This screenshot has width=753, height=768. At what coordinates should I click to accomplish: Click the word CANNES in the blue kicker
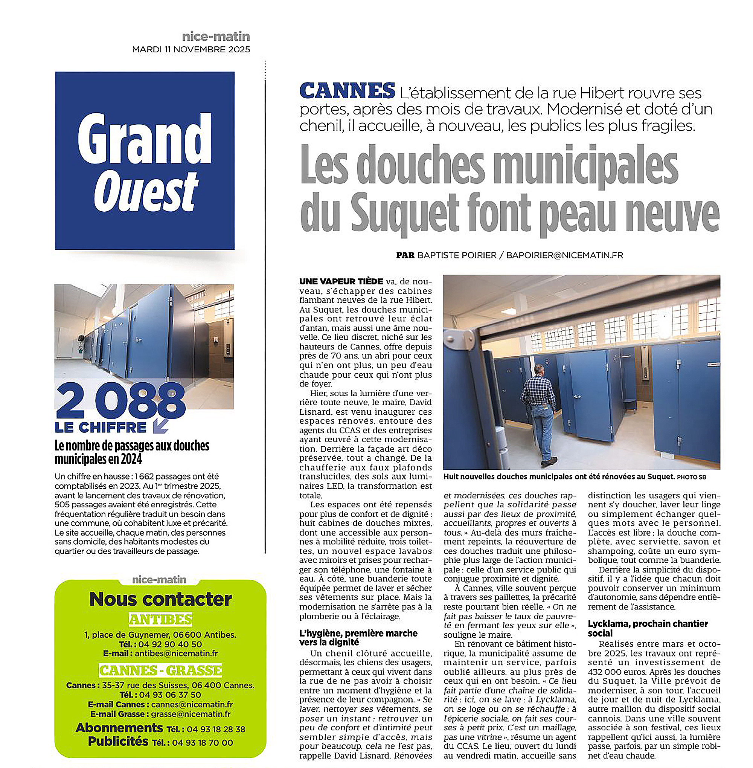pyautogui.click(x=347, y=91)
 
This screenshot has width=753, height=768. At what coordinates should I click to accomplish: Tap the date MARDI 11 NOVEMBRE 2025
pyautogui.click(x=191, y=49)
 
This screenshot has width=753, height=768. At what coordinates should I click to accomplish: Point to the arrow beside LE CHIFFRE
pyautogui.click(x=160, y=426)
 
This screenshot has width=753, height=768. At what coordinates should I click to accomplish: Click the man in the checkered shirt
pyautogui.click(x=538, y=412)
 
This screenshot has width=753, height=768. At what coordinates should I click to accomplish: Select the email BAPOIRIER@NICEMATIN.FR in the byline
pyautogui.click(x=564, y=255)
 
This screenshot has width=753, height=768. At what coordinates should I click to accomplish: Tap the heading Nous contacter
pyautogui.click(x=160, y=599)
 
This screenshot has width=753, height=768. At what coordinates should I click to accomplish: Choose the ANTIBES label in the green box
pyautogui.click(x=160, y=619)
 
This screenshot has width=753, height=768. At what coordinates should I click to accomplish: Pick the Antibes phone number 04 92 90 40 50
pyautogui.click(x=170, y=644)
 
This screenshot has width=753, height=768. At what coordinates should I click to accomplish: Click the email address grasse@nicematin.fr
pyautogui.click(x=191, y=714)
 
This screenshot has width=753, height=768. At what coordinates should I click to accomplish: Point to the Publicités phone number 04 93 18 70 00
pyautogui.click(x=202, y=743)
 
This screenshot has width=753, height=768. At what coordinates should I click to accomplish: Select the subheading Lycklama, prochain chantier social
pyautogui.click(x=648, y=628)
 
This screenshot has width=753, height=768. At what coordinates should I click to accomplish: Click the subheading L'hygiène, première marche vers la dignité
pyautogui.click(x=358, y=637)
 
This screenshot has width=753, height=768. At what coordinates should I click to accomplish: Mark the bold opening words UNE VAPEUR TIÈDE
pyautogui.click(x=341, y=281)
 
